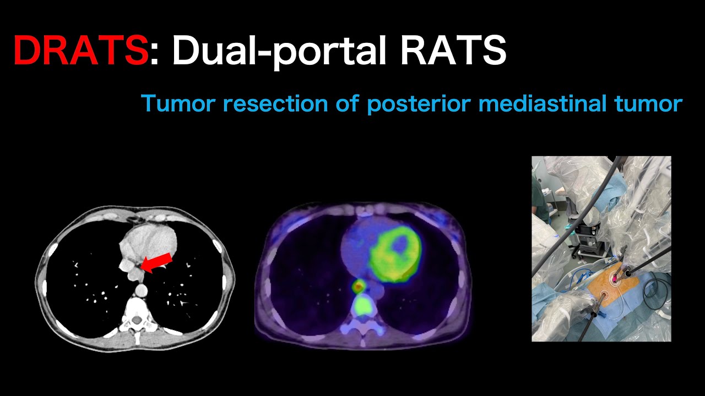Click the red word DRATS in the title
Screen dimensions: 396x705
tap(80, 50)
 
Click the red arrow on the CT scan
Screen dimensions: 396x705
tap(156, 262)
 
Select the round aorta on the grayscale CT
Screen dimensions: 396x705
tap(142, 288)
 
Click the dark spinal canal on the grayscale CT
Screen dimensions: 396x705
tap(135, 320)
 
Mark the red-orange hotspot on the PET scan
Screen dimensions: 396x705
tap(359, 285)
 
